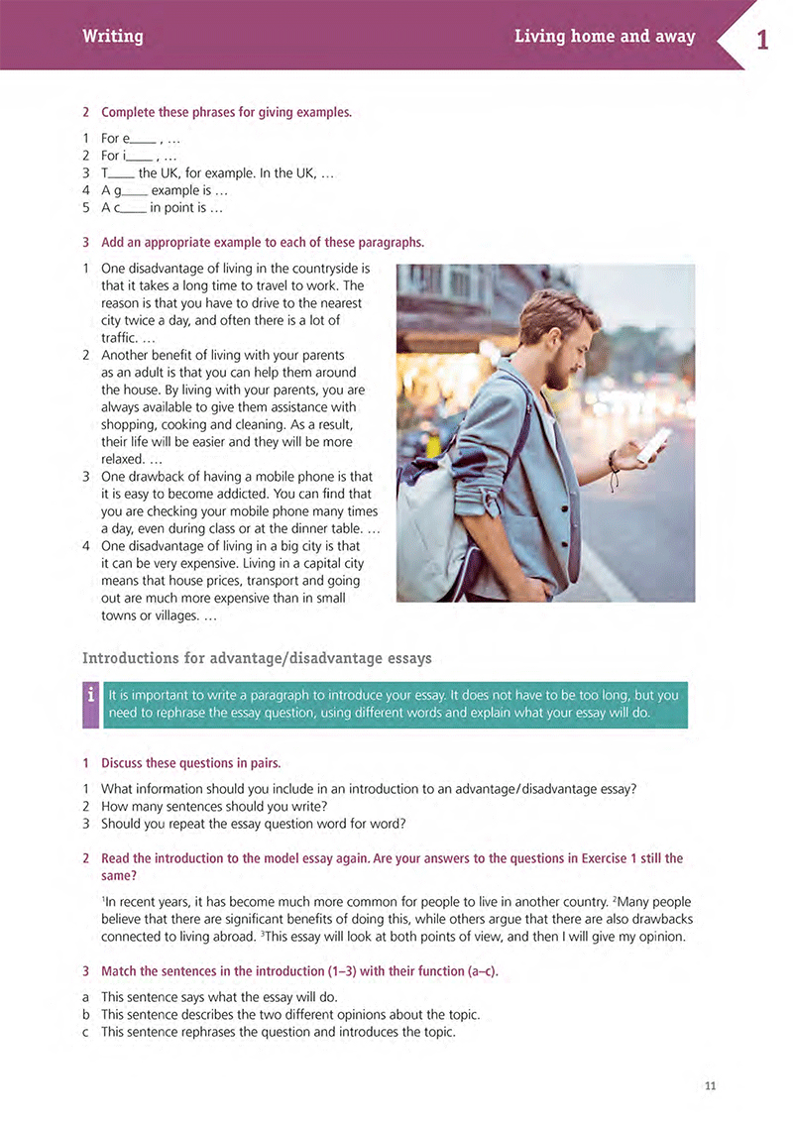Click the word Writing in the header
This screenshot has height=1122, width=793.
113,37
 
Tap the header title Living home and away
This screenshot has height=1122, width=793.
605,37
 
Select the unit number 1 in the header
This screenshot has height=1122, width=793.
761,41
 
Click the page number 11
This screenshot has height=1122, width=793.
710,1086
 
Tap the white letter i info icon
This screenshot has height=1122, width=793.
90,696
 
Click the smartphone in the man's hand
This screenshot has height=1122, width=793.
653,444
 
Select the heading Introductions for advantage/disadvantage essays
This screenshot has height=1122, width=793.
257,658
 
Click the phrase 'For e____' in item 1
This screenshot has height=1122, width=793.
129,139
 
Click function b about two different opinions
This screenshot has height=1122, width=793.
290,1014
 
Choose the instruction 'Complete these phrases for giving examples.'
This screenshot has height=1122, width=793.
226,112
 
